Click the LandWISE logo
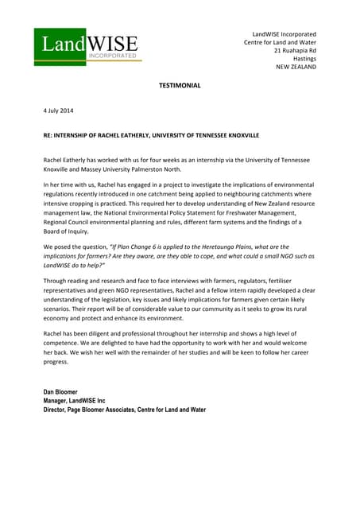coord(87,45)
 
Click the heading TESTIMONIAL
coord(180,84)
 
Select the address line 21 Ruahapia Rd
coord(295,50)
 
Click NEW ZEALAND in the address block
coord(296,68)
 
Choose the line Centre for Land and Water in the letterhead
coord(280,42)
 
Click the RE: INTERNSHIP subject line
coord(151,135)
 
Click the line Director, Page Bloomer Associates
coord(124,410)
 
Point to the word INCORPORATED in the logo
coord(113,57)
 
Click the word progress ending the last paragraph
coord(56,361)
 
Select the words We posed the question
coord(76,247)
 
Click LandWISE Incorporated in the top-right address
coord(284,33)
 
